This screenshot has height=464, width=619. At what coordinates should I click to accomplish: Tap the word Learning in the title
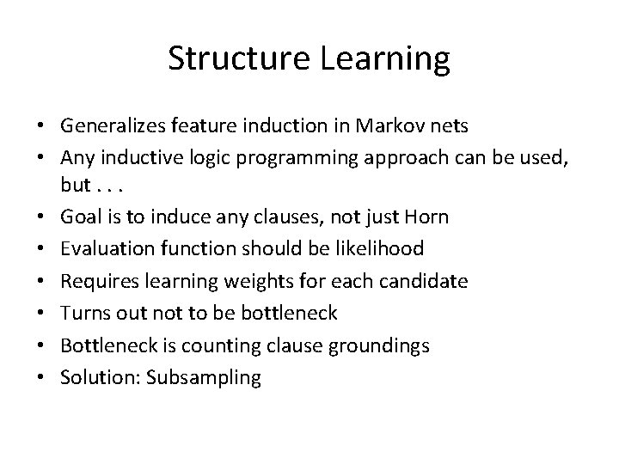click(378, 59)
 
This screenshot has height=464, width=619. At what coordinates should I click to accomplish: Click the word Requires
click(96, 280)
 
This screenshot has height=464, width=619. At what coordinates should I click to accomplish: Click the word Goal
click(79, 217)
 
